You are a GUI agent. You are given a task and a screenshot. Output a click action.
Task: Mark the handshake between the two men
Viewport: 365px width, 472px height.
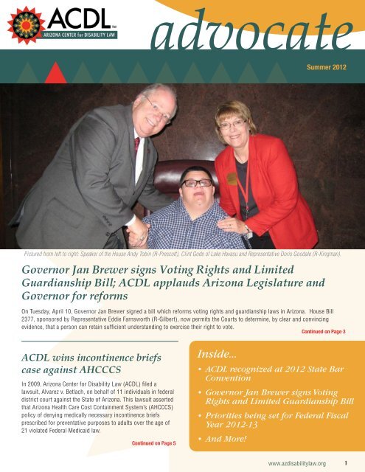click(138, 235)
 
